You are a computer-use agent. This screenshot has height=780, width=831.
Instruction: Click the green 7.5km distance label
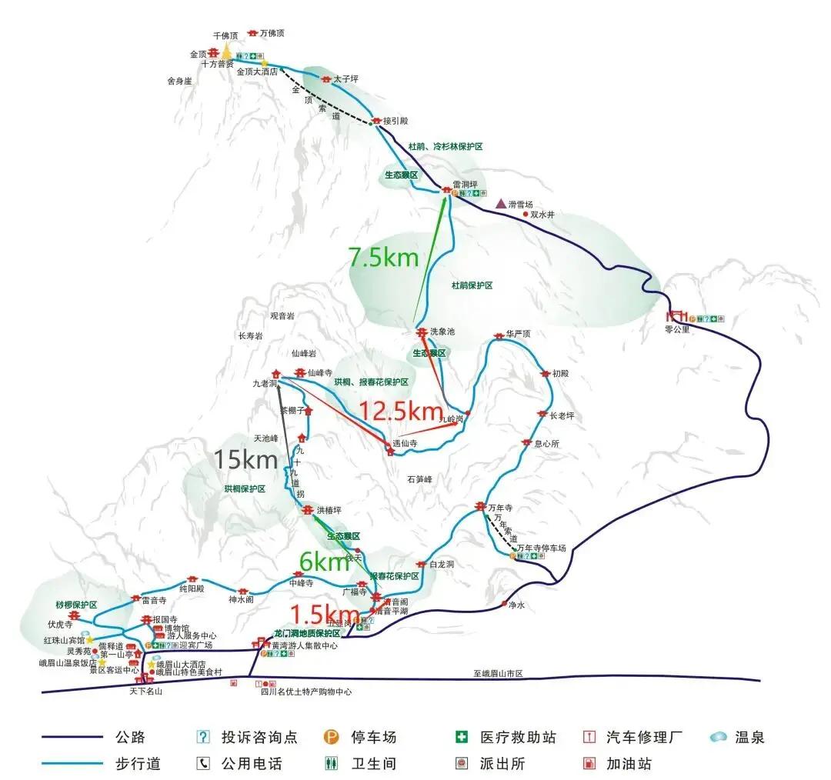383,257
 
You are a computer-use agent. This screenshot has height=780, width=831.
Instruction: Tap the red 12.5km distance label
401,412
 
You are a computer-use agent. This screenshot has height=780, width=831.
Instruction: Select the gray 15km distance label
245,460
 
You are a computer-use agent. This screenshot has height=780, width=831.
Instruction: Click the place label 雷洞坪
466,184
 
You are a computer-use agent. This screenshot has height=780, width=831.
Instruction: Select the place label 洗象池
442,332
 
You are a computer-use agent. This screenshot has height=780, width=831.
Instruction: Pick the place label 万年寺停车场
542,548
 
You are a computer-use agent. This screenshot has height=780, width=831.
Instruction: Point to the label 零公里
678,329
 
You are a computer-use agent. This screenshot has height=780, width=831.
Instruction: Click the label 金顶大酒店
256,72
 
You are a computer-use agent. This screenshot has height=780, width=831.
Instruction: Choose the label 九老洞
264,382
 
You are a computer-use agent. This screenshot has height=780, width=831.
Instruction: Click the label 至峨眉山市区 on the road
498,673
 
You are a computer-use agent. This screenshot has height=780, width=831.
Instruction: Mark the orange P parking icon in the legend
332,737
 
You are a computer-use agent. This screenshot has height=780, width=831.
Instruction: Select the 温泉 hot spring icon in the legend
719,737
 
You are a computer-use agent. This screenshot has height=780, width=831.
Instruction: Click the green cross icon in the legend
462,737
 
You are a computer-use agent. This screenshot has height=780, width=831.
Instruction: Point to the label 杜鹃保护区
472,285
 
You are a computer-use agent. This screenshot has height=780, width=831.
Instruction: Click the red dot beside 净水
504,603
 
